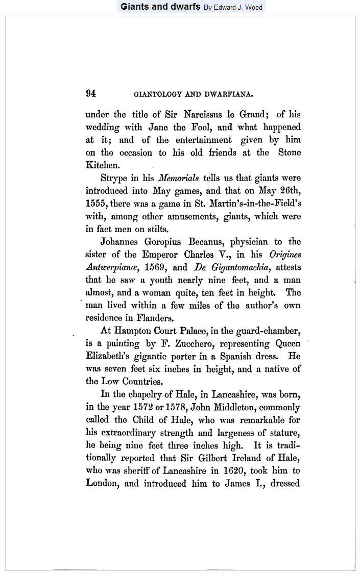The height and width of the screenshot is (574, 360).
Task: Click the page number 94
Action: (x=91, y=93)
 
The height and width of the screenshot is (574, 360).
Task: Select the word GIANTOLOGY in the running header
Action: (x=155, y=94)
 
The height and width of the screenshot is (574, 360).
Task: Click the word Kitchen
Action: (x=101, y=165)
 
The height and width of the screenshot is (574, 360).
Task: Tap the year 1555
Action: (x=95, y=204)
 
